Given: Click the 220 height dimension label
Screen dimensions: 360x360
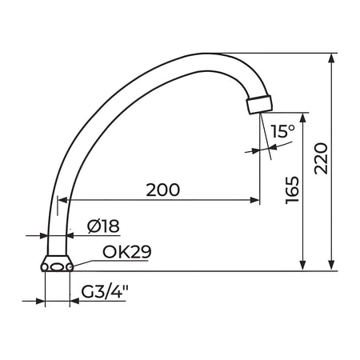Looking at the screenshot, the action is click(x=321, y=158).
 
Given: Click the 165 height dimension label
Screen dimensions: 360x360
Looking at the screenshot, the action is click(x=292, y=190).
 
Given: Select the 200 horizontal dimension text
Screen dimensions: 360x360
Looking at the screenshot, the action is click(x=163, y=190).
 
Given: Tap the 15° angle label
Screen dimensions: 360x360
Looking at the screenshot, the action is click(x=283, y=131).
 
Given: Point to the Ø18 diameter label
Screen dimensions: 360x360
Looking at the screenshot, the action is click(x=103, y=226).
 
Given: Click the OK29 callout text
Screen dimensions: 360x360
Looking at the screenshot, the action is click(x=127, y=251).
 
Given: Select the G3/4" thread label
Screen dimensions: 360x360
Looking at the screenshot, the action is click(x=105, y=292).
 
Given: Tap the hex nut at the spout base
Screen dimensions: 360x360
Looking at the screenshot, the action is click(x=57, y=264).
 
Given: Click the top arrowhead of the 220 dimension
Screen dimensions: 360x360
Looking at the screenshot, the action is click(x=331, y=58).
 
